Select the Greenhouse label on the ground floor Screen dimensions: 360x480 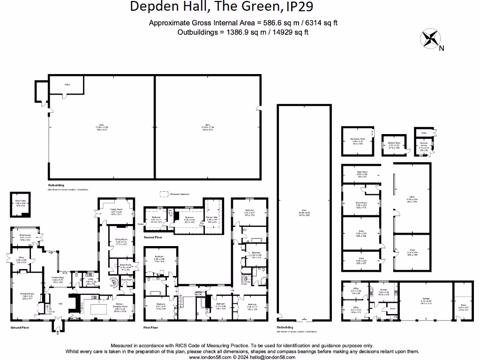click(x=25, y=238)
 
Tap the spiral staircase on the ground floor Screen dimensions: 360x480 click(x=114, y=283)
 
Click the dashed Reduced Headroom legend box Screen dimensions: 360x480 click(x=163, y=193)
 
